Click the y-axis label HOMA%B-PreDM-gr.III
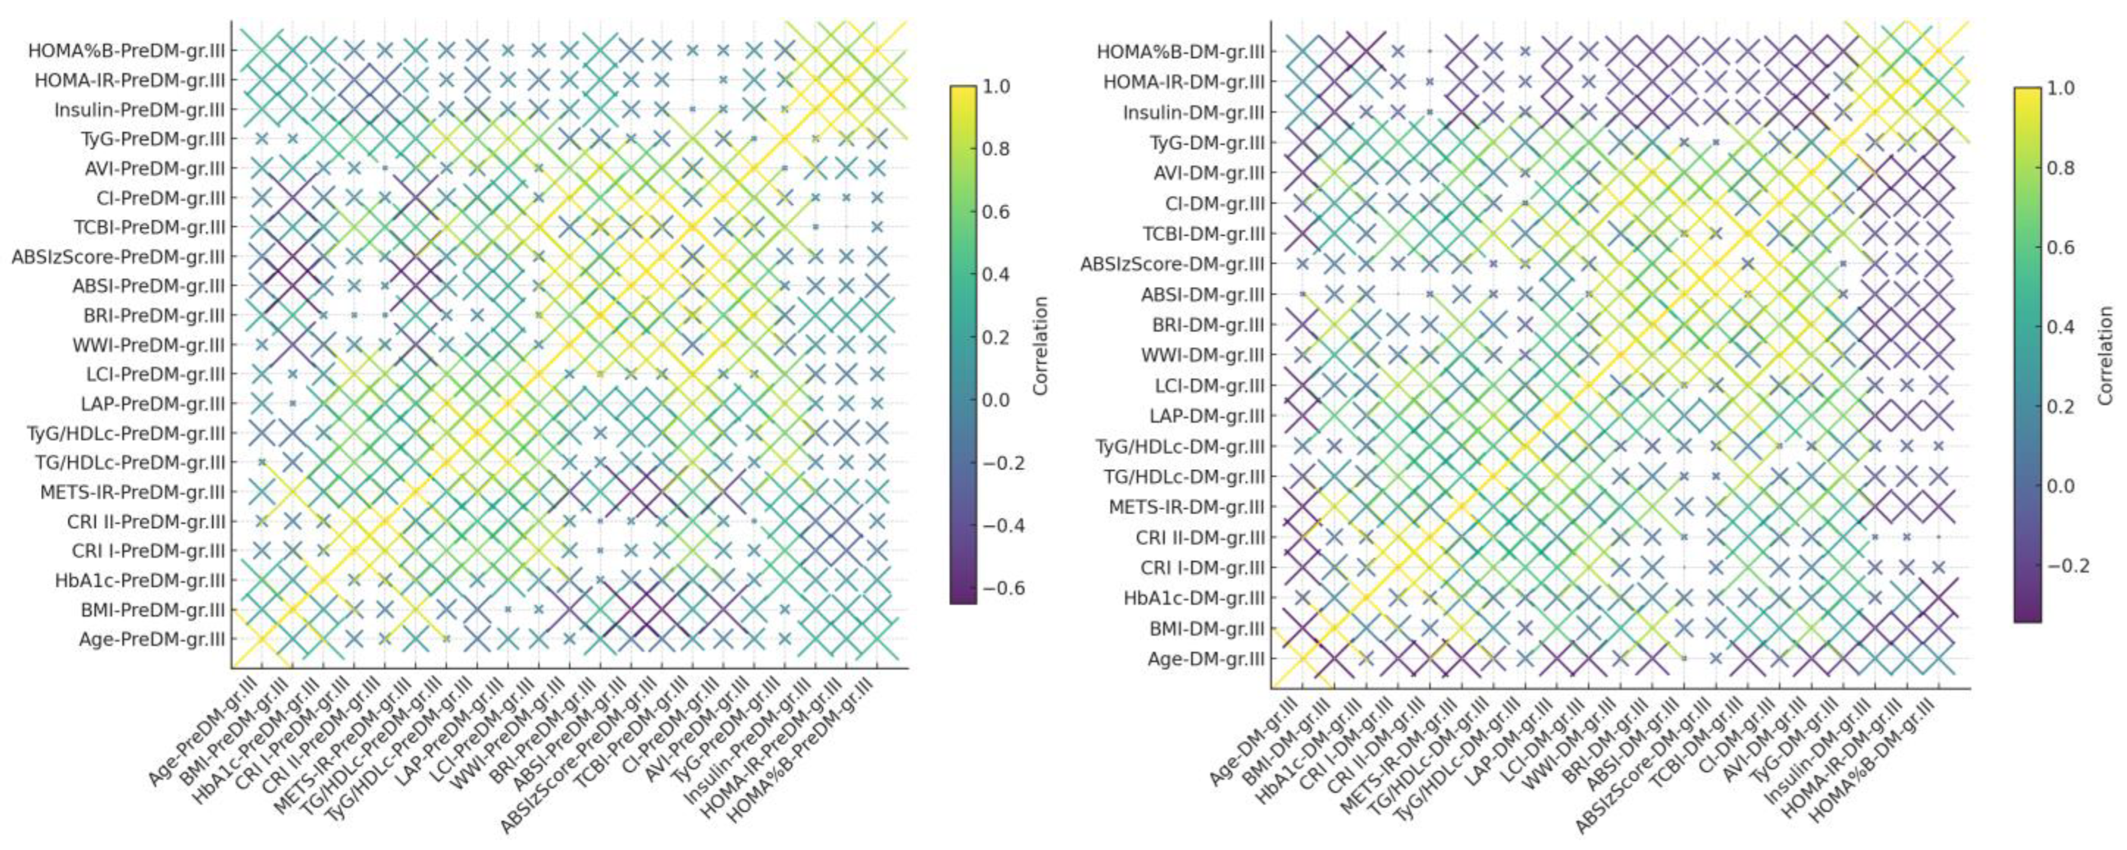tap(126, 51)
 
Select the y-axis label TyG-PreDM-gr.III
tap(153, 139)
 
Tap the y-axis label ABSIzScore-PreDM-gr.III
tap(118, 257)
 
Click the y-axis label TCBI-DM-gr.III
tap(1204, 234)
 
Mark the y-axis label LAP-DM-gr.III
tap(1208, 416)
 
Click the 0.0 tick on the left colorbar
tap(998, 400)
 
